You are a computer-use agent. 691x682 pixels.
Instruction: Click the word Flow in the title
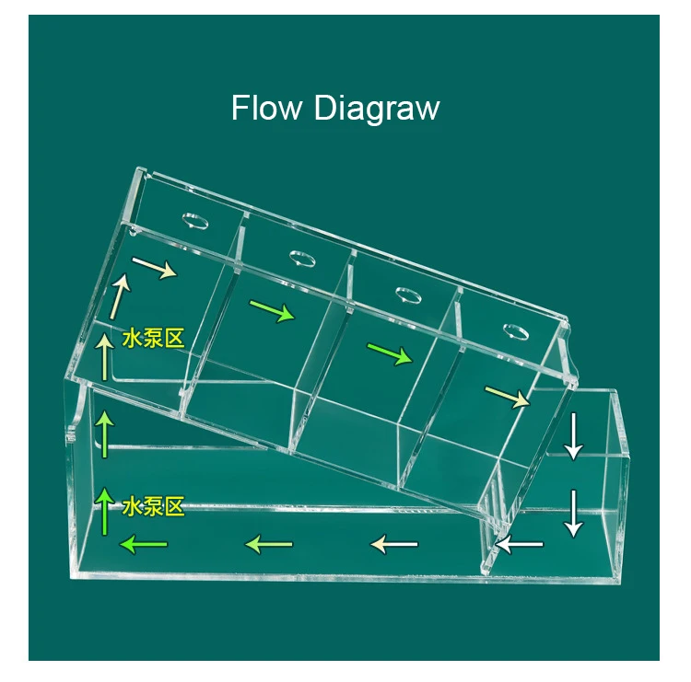click(x=266, y=107)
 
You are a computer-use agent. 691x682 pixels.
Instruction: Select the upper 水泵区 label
click(x=153, y=339)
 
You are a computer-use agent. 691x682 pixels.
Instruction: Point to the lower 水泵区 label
click(x=153, y=506)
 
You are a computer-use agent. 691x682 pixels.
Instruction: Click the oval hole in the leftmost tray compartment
click(x=195, y=221)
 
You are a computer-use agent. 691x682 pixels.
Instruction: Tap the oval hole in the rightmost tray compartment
click(x=516, y=331)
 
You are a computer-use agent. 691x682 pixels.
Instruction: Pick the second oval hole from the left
click(x=302, y=259)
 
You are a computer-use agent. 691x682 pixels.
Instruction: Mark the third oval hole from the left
click(x=408, y=295)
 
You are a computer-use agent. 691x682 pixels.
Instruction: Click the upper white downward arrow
click(x=574, y=436)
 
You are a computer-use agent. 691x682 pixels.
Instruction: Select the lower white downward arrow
click(x=574, y=514)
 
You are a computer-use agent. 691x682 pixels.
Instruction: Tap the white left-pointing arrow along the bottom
click(x=519, y=544)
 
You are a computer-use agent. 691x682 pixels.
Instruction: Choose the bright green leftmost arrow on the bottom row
click(x=144, y=544)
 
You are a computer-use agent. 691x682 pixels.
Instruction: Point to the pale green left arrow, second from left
click(x=269, y=544)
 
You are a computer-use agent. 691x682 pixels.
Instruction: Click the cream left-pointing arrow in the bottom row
click(x=394, y=544)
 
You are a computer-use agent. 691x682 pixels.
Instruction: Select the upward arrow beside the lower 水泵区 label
click(x=105, y=511)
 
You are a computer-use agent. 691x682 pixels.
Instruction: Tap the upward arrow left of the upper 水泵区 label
click(x=105, y=356)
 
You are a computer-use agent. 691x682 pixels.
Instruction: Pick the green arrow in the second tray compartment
click(x=273, y=311)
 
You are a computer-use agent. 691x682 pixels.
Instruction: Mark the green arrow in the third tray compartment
click(x=390, y=354)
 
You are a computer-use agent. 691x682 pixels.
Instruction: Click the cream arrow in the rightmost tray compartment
click(x=508, y=397)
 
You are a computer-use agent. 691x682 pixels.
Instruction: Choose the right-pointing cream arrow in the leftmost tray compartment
click(x=155, y=268)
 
